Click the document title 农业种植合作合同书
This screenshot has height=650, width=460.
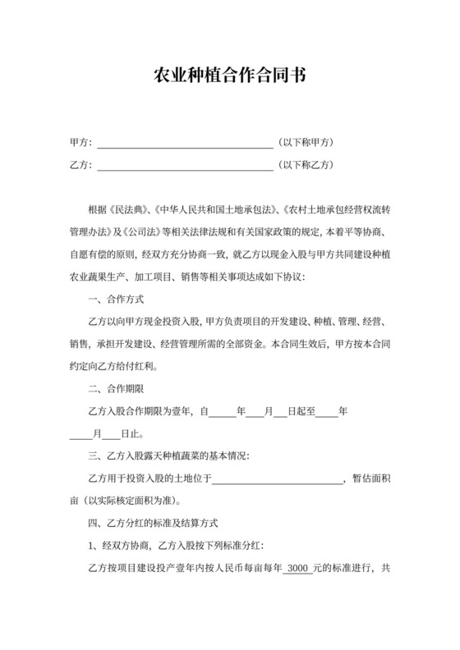tap(230, 76)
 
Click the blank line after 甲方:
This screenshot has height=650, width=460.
tap(185, 143)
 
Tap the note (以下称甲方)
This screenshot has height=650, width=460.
tap(306, 142)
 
